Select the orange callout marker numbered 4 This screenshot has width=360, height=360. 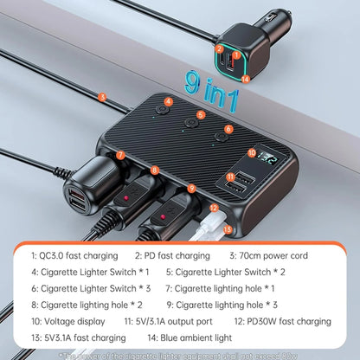coord(170,102)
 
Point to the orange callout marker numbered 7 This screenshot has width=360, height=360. coord(121,156)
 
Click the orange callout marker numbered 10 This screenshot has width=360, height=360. coord(252,152)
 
